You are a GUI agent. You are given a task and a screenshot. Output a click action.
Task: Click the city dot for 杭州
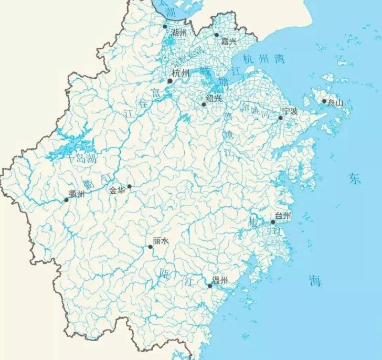pos(169,81)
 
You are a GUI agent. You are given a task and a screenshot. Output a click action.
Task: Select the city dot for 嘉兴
pos(216,35)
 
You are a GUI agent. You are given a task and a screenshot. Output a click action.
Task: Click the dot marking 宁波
pos(280,118)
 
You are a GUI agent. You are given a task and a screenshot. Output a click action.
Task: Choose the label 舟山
pos(335,103)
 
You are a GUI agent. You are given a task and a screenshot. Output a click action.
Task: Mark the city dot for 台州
pos(273,222)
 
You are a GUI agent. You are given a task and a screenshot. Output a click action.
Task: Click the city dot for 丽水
pos(150,247)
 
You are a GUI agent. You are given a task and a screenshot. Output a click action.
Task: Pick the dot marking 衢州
pos(67,199)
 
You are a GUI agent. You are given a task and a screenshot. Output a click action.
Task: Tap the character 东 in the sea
pos(355,179)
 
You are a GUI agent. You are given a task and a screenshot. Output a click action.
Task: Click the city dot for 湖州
pos(165,26)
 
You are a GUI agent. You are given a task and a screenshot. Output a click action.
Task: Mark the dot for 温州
pos(209,286)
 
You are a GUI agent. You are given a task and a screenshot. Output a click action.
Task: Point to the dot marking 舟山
pos(324,101)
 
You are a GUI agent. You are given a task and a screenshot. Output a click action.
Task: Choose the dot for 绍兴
pos(204,104)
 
